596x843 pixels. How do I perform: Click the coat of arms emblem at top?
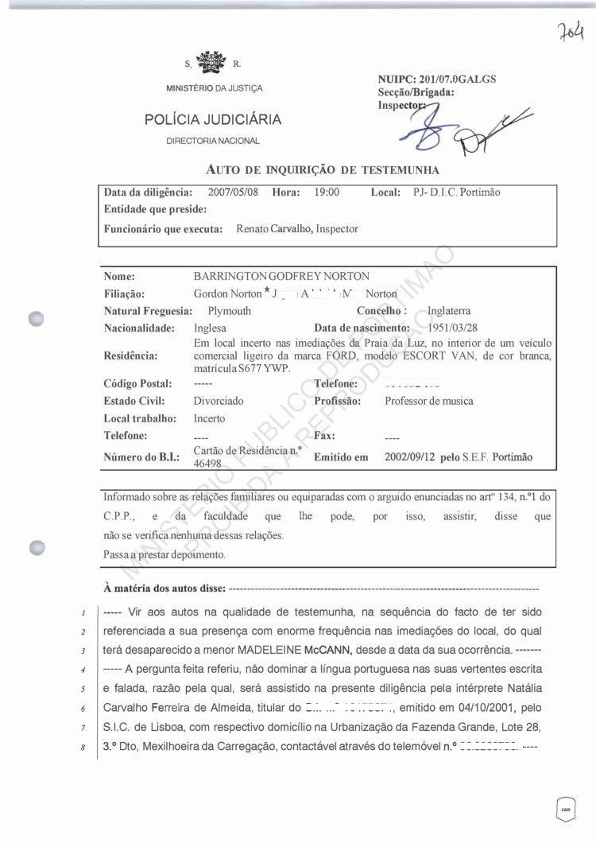click(212, 62)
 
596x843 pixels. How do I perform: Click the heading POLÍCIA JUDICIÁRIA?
click(212, 120)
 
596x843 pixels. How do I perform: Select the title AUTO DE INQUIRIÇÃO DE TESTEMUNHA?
click(323, 169)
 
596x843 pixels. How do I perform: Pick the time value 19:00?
click(327, 192)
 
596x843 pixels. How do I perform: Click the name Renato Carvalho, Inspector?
click(297, 229)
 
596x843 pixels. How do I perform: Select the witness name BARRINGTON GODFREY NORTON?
click(281, 276)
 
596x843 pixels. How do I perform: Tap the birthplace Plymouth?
click(229, 310)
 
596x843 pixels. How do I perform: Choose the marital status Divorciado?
click(219, 401)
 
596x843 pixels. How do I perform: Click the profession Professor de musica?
click(429, 401)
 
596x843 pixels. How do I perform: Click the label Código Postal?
click(138, 384)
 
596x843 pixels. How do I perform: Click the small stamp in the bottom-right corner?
click(566, 809)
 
